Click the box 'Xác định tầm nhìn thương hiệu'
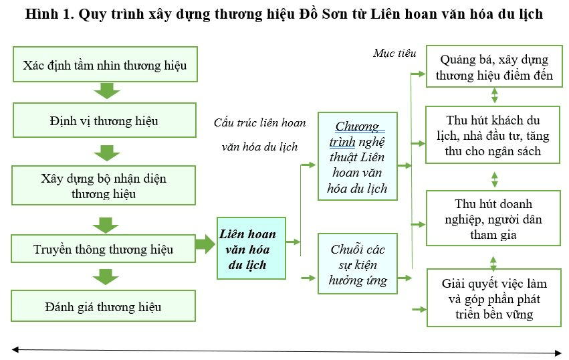105,64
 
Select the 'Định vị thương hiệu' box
104,120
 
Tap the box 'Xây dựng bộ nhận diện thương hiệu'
104,185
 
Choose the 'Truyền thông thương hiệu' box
104,249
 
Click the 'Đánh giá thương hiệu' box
104,306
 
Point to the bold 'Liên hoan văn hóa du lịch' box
251,248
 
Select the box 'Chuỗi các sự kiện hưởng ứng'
358,264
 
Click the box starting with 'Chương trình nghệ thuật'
358,156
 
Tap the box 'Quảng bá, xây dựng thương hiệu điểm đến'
494,66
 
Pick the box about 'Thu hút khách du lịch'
493,135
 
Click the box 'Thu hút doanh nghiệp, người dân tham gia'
493,218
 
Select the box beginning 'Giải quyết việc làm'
494,298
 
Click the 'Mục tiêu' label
394,54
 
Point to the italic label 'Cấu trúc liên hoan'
260,122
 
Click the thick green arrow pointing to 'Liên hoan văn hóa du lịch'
205,244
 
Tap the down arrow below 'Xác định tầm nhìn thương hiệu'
107,91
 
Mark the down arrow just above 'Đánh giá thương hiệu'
106,277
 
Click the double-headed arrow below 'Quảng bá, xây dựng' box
494,96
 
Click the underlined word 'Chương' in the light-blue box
357,126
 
